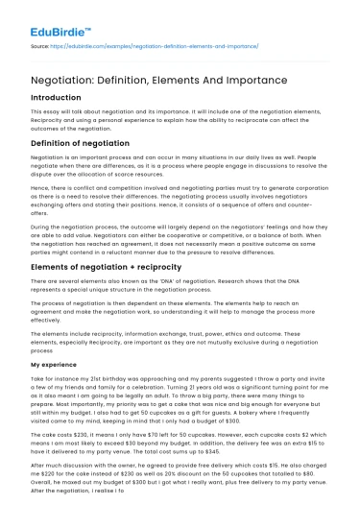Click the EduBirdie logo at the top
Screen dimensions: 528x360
point(43,16)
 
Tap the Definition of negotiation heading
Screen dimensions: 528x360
point(85,143)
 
